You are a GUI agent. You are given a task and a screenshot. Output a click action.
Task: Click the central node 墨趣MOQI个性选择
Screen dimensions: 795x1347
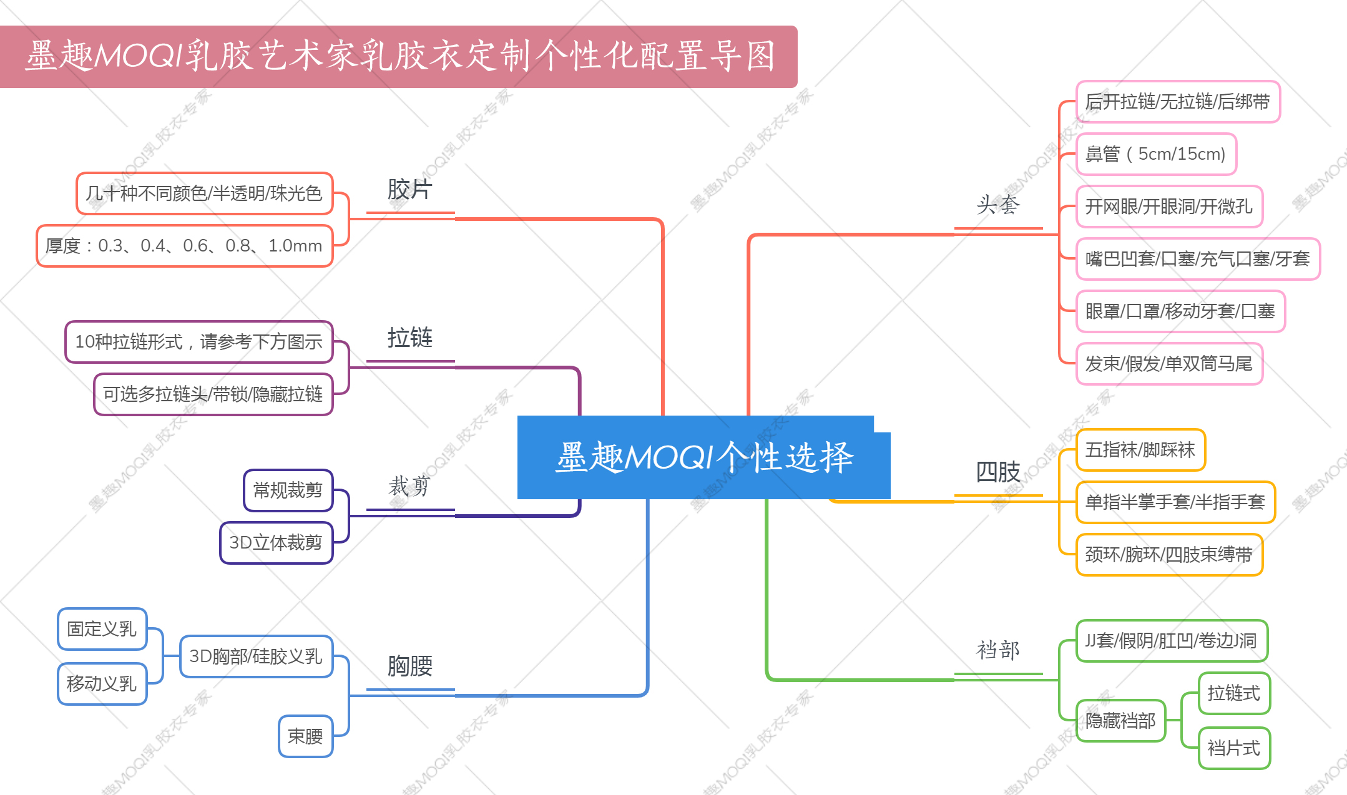[703, 457]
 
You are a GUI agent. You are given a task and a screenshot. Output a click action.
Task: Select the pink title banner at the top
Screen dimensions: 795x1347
[399, 56]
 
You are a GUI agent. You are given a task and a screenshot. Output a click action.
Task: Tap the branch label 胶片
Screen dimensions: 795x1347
[409, 190]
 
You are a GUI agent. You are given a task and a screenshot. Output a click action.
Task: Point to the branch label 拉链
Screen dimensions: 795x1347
[409, 338]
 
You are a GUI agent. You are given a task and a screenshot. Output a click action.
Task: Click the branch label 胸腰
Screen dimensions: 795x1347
[409, 666]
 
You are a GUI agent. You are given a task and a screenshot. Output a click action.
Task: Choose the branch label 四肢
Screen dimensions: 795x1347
[997, 472]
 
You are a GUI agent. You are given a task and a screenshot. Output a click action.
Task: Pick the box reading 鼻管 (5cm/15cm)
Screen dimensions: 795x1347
[1156, 154]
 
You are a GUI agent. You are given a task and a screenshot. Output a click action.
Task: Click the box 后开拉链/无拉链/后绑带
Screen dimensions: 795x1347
[1178, 102]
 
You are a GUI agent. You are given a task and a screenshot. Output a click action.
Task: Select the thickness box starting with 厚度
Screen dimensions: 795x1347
[184, 246]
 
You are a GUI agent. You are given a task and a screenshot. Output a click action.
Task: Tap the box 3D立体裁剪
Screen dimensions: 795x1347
[276, 543]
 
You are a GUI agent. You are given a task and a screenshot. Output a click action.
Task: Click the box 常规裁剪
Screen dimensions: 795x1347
[288, 490]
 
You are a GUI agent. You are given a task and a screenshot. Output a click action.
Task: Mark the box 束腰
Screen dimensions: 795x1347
[305, 736]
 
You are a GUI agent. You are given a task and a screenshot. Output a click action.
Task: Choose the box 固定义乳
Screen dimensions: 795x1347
[102, 629]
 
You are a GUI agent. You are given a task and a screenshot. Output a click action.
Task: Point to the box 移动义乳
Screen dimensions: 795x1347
[102, 684]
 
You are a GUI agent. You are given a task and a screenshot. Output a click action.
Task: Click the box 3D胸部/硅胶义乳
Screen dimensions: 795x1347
[256, 656]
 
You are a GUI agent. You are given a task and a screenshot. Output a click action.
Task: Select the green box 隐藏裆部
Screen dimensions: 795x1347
[1120, 721]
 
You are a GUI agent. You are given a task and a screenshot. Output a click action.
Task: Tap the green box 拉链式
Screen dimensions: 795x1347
[1234, 693]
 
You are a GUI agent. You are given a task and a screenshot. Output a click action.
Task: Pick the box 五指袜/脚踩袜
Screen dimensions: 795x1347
[1140, 450]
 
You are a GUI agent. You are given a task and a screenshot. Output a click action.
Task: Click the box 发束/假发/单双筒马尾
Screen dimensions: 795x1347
[1169, 364]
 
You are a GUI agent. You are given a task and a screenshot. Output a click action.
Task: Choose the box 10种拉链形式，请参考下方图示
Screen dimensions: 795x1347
[198, 342]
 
